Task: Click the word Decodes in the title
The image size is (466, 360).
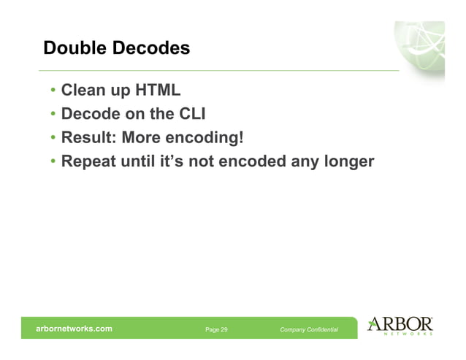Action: point(151,49)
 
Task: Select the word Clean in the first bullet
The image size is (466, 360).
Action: point(83,91)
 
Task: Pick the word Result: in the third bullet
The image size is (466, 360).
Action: point(88,137)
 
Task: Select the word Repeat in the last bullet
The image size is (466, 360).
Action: point(88,160)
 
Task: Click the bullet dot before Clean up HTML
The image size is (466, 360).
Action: point(53,92)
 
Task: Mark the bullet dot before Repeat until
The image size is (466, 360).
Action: point(53,161)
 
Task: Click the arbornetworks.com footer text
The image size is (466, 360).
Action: point(75,329)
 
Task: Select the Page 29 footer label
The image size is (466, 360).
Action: point(216,330)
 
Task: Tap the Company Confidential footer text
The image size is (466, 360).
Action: point(309,330)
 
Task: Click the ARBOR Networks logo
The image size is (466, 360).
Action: point(400,326)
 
